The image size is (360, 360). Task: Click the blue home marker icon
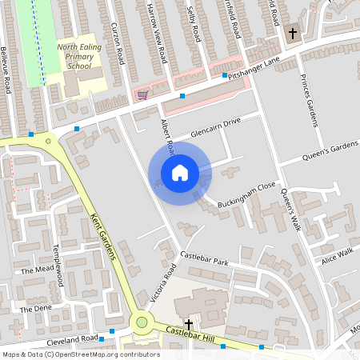click(x=180, y=173)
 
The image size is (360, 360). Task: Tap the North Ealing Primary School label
click(x=79, y=58)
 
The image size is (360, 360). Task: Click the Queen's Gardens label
click(x=330, y=152)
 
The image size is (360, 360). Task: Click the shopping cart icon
click(x=142, y=94)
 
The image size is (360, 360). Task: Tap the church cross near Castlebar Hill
click(x=189, y=322)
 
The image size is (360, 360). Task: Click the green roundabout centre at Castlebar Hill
click(x=142, y=322)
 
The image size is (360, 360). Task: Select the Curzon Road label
click(x=120, y=44)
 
